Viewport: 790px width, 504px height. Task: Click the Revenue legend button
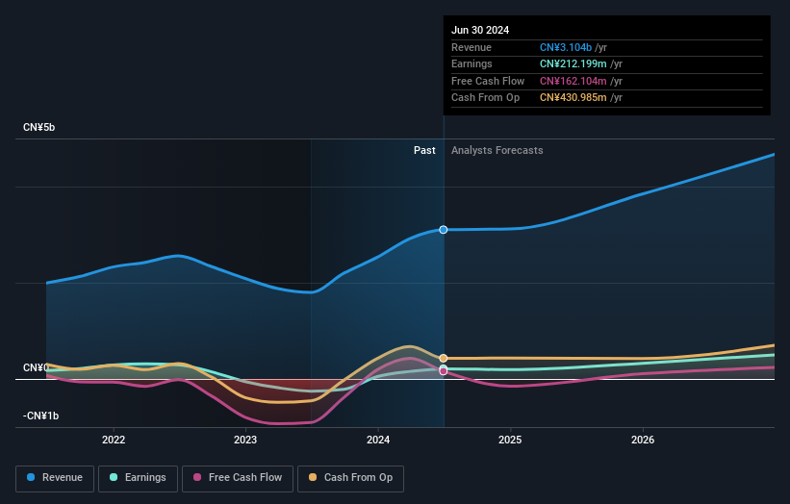tap(55, 477)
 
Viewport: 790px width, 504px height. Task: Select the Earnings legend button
tap(138, 477)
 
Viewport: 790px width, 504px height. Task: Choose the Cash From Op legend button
tap(351, 477)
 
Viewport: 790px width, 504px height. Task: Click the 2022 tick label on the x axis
tap(114, 440)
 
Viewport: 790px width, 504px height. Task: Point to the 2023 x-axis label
tap(245, 440)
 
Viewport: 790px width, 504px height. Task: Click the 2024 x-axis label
tap(378, 440)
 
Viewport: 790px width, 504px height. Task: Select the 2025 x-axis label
tap(510, 440)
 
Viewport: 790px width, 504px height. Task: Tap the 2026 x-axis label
tap(643, 440)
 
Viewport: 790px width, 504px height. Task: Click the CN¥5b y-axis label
tap(39, 128)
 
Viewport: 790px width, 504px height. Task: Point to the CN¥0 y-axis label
tap(37, 368)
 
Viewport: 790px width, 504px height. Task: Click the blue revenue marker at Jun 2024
tap(444, 230)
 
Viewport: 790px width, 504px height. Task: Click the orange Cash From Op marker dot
tap(444, 358)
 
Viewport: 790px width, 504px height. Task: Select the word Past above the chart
tap(424, 151)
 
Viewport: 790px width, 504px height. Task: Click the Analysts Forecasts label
tap(497, 151)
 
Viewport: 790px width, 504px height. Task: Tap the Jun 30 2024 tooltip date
tap(480, 30)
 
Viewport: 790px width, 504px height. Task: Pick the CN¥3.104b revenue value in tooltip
tap(566, 48)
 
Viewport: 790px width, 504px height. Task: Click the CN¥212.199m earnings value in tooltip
tap(573, 64)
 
